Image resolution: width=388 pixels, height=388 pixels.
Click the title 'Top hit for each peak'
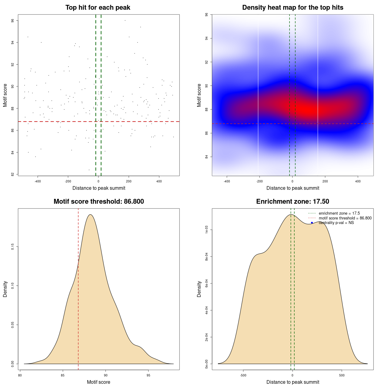(98, 8)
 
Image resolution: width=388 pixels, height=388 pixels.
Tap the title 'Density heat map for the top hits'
(293, 8)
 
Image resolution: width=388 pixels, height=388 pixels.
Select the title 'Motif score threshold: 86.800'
(99, 202)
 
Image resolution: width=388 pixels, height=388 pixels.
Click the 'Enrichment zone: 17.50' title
(293, 202)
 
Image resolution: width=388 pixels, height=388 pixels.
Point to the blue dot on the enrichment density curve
(312, 223)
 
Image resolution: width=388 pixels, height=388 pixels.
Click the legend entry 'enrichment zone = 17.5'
(339, 213)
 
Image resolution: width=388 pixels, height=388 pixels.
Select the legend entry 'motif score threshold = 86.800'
(345, 218)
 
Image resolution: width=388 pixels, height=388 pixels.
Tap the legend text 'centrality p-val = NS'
(336, 223)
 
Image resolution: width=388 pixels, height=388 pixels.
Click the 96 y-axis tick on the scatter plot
(13, 21)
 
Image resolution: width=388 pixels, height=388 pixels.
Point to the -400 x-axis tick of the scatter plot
(38, 181)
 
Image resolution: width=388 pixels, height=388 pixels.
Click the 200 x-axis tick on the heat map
(325, 181)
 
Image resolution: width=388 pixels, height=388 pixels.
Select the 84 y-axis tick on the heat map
(207, 157)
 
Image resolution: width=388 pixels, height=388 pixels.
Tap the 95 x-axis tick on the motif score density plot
(148, 375)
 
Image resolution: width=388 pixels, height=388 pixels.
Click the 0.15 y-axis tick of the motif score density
(13, 247)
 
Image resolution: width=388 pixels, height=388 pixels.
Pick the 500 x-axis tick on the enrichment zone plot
(342, 375)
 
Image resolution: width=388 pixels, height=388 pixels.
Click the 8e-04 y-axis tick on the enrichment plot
(207, 257)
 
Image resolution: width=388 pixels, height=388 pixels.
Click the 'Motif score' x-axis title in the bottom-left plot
(99, 382)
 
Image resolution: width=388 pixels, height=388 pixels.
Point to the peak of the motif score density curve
(90, 215)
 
